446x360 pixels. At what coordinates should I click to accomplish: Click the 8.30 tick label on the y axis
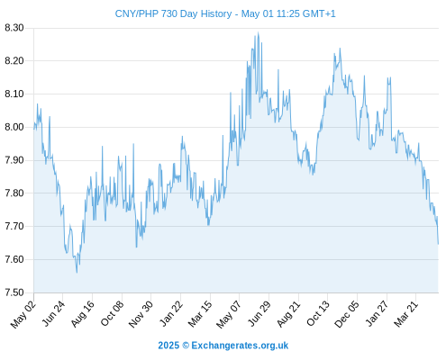tap(14, 28)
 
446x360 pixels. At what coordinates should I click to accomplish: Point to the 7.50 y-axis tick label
tap(14, 292)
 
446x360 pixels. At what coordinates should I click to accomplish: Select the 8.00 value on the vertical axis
tap(14, 127)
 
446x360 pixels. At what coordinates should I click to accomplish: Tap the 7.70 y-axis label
tap(14, 226)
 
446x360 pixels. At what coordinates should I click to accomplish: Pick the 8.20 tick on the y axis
tap(14, 61)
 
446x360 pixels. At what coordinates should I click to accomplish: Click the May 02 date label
tap(23, 314)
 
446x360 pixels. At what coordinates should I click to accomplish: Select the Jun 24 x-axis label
tap(53, 313)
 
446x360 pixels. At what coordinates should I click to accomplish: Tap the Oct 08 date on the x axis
tap(112, 313)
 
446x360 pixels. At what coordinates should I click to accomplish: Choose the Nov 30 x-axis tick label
tap(141, 314)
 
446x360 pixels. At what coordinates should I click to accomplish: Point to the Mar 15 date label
tap(200, 314)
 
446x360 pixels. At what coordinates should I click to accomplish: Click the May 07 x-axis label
tap(229, 314)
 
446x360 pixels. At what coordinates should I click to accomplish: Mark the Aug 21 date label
tap(288, 314)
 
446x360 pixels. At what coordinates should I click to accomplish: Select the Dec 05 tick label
tap(347, 314)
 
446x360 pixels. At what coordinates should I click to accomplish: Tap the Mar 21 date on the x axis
tap(406, 314)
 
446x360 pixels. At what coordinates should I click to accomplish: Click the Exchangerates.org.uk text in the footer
tap(240, 346)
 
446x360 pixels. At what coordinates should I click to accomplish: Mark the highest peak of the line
tap(258, 32)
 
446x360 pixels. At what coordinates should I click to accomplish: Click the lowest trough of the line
tap(77, 273)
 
